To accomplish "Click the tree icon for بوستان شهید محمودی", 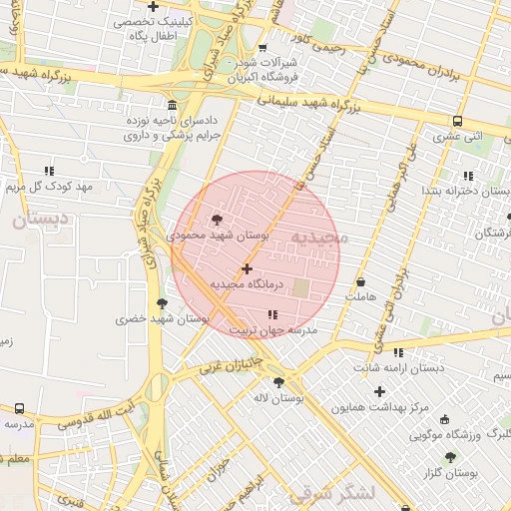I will click(x=218, y=220).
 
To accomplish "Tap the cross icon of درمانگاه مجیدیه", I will click(x=247, y=268).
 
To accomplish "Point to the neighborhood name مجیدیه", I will click(x=318, y=237).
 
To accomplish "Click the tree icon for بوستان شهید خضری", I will click(x=162, y=303).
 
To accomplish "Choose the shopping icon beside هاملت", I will click(x=360, y=281).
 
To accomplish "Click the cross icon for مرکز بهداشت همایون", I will click(x=378, y=391).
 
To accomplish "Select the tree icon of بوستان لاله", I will click(x=278, y=382).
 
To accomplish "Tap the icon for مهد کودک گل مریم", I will click(x=49, y=171).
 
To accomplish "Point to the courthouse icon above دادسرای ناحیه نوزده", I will click(x=173, y=105).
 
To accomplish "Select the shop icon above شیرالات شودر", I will click(x=262, y=46).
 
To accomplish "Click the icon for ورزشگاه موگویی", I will click(x=444, y=419).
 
